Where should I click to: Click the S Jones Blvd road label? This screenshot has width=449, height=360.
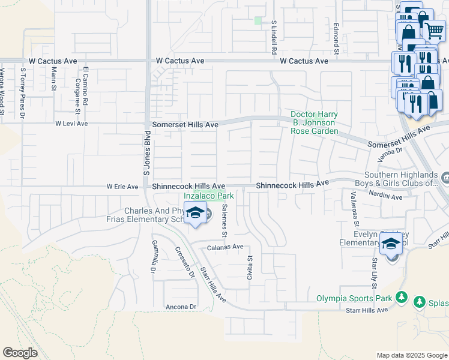pyautogui.click(x=146, y=153)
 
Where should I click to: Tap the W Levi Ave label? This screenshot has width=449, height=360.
pyautogui.click(x=71, y=124)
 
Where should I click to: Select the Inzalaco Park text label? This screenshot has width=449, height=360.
pyautogui.click(x=208, y=196)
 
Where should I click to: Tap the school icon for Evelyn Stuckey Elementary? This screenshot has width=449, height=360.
pyautogui.click(x=391, y=245)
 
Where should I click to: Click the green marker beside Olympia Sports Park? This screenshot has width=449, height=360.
pyautogui.click(x=401, y=297)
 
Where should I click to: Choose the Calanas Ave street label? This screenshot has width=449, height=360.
pyautogui.click(x=225, y=247)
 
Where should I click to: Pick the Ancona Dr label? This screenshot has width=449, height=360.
pyautogui.click(x=181, y=307)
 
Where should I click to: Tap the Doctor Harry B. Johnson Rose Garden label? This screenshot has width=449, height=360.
pyautogui.click(x=314, y=122)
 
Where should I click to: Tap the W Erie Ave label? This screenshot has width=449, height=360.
pyautogui.click(x=122, y=187)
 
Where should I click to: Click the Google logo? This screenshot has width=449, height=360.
pyautogui.click(x=20, y=353)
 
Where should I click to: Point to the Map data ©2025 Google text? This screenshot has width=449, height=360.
pyautogui.click(x=411, y=355)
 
